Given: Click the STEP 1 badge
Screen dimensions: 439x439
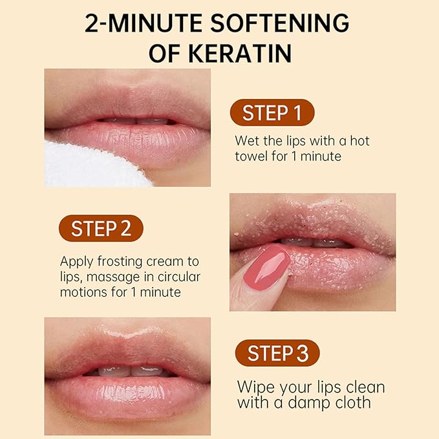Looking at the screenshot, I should [x=272, y=112].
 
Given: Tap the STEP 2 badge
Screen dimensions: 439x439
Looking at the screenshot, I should [x=100, y=228].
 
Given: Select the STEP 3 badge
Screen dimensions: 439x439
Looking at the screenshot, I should [x=277, y=353].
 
